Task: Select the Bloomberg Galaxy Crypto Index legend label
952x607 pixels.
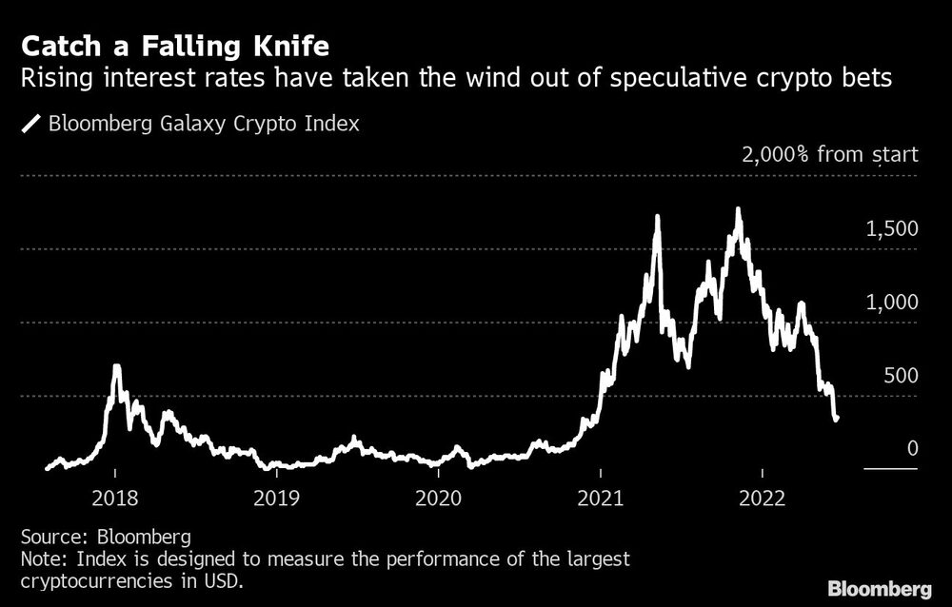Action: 203,124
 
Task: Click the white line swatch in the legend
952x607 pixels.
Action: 32,124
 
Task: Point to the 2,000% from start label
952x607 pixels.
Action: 829,153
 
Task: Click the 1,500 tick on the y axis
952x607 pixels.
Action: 891,228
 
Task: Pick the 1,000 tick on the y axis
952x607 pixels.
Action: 891,302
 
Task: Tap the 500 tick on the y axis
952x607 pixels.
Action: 900,375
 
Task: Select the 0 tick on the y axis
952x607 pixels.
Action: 912,448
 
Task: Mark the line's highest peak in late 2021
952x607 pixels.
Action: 738,208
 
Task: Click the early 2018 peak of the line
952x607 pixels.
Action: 116,366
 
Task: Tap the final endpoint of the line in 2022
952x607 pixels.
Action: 836,419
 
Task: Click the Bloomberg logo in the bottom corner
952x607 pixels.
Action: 881,586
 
